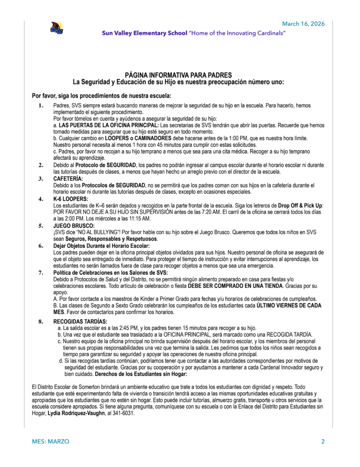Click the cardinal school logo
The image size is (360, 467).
pos(57,28)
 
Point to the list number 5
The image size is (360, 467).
pos(41,225)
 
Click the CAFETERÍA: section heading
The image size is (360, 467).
pos(68,179)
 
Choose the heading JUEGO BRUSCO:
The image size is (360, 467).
pos(74,225)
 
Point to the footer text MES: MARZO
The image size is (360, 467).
pos(51,441)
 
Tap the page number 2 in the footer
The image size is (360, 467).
pos(323,441)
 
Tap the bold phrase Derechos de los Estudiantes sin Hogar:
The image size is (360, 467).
pos(141,374)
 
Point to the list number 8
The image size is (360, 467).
pos(41,321)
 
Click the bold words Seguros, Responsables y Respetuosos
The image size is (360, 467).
pos(112,239)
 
